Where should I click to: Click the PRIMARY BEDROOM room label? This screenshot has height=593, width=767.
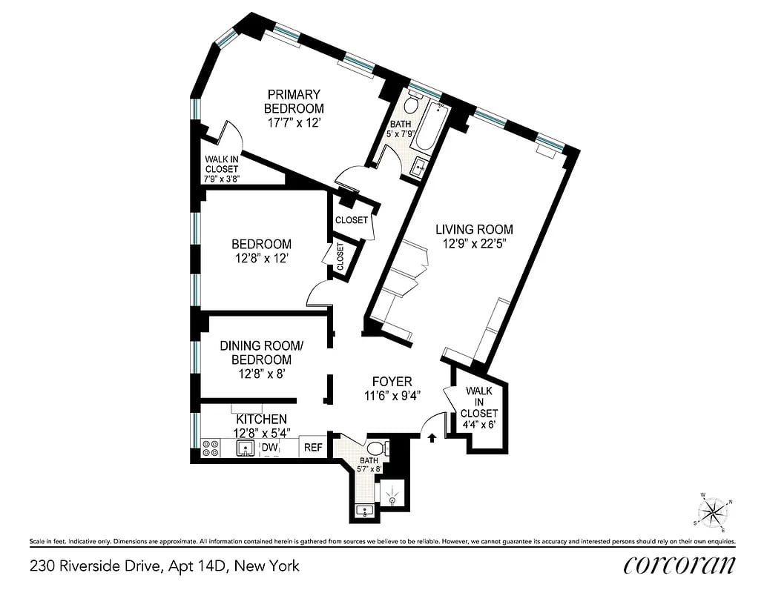(x=294, y=102)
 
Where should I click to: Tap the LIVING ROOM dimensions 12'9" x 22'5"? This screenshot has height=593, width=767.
(x=473, y=244)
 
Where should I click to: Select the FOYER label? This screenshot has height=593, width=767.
(x=392, y=382)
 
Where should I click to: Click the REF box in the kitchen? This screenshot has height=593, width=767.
(x=313, y=448)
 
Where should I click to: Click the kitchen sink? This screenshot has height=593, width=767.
(x=245, y=448)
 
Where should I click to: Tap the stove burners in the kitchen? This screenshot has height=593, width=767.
(x=210, y=448)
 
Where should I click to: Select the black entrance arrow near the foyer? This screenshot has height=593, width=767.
(x=432, y=438)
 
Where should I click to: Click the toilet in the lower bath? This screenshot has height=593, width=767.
(x=376, y=448)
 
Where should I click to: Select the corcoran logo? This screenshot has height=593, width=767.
(x=679, y=565)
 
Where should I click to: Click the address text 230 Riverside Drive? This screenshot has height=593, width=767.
(x=165, y=566)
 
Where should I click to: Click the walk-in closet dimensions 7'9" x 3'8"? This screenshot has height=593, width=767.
(x=222, y=179)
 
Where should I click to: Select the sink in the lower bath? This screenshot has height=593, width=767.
(x=363, y=511)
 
